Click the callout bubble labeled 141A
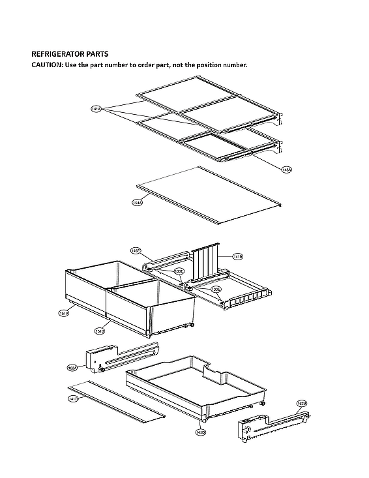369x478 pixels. click(x=96, y=109)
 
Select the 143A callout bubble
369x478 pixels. click(x=286, y=170)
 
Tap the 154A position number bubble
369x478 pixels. click(x=137, y=203)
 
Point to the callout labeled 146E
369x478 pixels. click(x=136, y=250)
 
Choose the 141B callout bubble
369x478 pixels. click(x=239, y=257)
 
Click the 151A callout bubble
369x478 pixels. click(x=65, y=314)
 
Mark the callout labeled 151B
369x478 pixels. click(x=100, y=331)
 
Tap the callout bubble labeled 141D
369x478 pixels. click(x=73, y=399)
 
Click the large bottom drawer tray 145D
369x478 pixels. click(x=196, y=388)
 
